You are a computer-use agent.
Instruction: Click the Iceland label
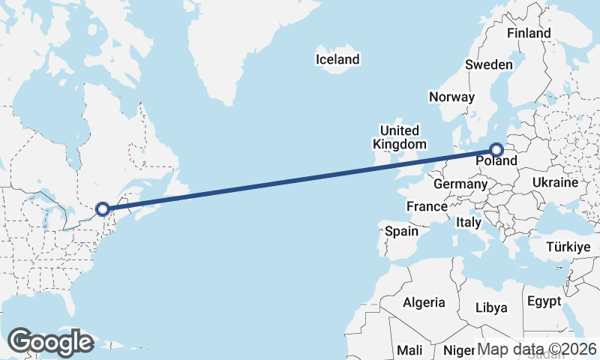[x=337, y=59]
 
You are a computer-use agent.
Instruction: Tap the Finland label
[x=529, y=33]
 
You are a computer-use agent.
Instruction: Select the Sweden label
[x=488, y=64]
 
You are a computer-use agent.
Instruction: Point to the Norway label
[x=451, y=97]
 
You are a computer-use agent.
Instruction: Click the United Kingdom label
[x=400, y=136]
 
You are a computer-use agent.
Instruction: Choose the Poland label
[x=496, y=161]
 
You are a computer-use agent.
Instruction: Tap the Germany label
[x=460, y=184]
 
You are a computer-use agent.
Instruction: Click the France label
[x=427, y=206]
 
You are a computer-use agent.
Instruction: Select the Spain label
[x=401, y=231]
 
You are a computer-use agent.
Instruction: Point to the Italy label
[x=469, y=223]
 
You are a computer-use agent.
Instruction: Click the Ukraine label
[x=555, y=182]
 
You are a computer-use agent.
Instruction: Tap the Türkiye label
[x=568, y=247]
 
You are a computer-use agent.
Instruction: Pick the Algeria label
[x=424, y=303]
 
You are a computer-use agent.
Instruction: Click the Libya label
[x=491, y=307]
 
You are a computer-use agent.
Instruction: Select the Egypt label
[x=544, y=301]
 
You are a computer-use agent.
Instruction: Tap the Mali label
[x=409, y=349]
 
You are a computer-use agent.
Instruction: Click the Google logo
[x=50, y=342]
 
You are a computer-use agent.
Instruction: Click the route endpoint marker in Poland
[x=496, y=150]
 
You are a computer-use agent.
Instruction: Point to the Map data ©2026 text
[x=537, y=349]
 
